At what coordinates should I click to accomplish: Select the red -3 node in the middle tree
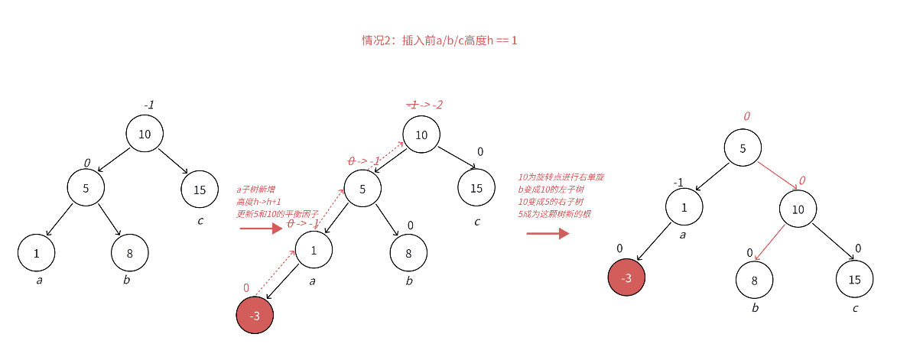[255, 316]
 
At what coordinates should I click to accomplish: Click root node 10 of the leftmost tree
[145, 134]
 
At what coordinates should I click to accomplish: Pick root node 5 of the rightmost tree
[743, 148]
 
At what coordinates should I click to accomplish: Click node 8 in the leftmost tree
[130, 253]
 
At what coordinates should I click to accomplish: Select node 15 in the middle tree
[476, 188]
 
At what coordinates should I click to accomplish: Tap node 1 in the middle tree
[314, 249]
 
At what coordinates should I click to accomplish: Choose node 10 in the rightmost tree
[798, 209]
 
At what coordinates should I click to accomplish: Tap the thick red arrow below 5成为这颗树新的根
[548, 232]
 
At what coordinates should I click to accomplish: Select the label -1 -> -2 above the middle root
[425, 104]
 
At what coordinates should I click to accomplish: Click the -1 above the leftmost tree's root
[149, 105]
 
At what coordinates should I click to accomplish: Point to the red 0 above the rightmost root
[746, 116]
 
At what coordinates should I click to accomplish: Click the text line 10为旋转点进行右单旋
[561, 177]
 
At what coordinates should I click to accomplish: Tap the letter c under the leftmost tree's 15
[200, 221]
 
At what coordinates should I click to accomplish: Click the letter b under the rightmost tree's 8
[756, 308]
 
